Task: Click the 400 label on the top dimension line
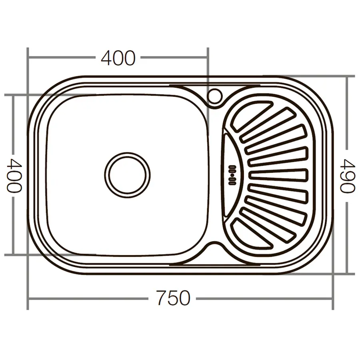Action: point(118,58)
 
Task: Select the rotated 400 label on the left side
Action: point(14,175)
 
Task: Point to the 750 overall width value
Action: point(173,298)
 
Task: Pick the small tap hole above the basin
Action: point(214,95)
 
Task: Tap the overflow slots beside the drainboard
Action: point(232,175)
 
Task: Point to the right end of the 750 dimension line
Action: point(332,298)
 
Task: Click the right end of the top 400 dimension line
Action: point(208,58)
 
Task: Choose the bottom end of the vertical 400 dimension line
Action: point(14,254)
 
